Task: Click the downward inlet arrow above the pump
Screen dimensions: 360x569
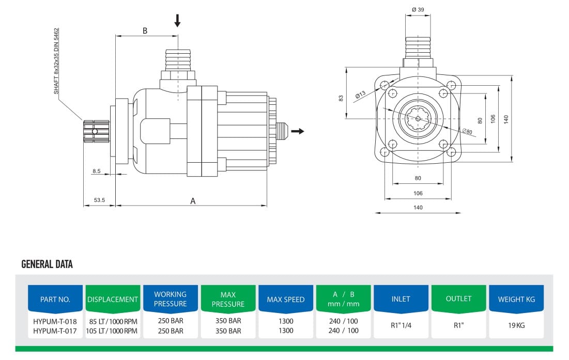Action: tap(177, 21)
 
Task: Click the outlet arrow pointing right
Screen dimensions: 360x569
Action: tap(297, 131)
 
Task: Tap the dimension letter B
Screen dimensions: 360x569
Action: tap(145, 30)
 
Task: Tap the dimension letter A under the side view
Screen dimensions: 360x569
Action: tap(193, 201)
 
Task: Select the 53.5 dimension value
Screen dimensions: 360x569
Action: tap(99, 200)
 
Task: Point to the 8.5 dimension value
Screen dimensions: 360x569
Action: tap(97, 171)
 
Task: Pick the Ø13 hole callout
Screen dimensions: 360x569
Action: tap(360, 95)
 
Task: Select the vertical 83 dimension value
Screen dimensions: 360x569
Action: tap(341, 98)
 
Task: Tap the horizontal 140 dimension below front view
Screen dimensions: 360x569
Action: tap(418, 208)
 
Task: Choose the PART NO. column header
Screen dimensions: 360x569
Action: tap(55, 299)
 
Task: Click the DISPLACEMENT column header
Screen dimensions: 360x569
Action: tap(113, 299)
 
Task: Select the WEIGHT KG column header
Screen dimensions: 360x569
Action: tap(516, 299)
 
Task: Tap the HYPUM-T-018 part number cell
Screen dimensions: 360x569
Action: tap(55, 321)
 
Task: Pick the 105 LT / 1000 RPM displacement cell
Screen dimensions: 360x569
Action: tap(112, 331)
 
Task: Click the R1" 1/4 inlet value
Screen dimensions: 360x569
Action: tap(401, 326)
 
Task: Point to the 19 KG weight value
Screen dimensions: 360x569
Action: tap(516, 326)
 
